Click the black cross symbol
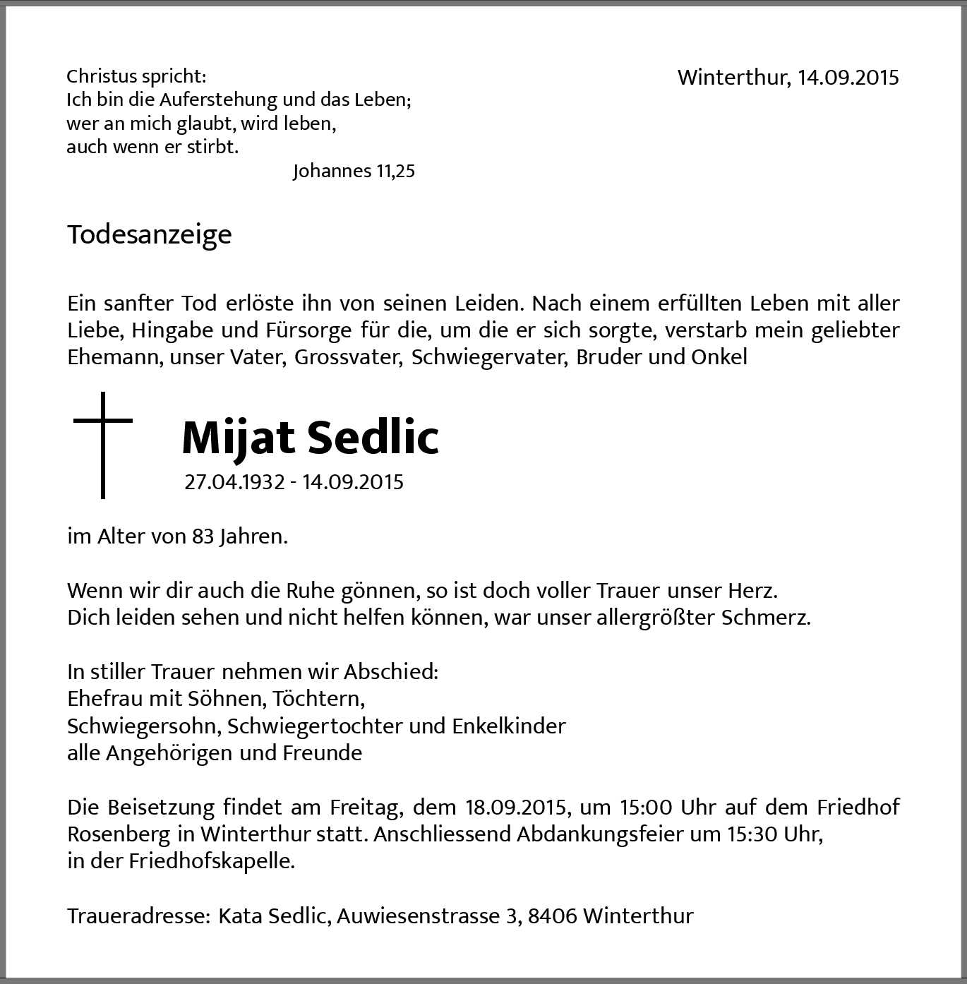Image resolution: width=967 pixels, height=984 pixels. (103, 444)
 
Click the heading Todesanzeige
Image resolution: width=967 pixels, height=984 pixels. (149, 234)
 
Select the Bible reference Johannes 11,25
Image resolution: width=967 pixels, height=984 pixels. (354, 171)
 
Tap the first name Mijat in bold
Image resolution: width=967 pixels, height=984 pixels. (238, 438)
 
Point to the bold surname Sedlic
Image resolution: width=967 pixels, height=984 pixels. (373, 437)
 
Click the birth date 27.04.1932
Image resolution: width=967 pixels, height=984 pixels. (234, 482)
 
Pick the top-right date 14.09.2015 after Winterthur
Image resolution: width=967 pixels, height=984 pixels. (848, 77)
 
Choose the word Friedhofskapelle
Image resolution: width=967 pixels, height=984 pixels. (211, 861)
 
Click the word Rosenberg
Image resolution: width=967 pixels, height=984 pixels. (119, 834)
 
